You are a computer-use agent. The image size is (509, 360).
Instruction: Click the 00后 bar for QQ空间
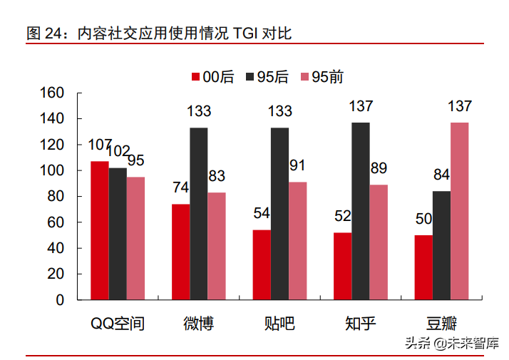coord(99,230)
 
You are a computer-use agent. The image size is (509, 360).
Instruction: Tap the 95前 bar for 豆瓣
coord(460,211)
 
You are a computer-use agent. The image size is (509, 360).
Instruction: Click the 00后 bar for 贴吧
coord(262,264)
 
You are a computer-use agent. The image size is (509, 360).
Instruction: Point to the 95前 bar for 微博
coord(217,246)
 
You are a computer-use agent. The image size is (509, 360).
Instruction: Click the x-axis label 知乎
coord(360,323)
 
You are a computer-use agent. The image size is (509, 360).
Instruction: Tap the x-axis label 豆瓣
coord(441,323)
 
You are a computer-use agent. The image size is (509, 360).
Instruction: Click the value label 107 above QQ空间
coord(100,145)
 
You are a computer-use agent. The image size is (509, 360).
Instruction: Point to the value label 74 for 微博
coord(180,187)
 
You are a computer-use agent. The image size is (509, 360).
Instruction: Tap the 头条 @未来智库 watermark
coord(453,343)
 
